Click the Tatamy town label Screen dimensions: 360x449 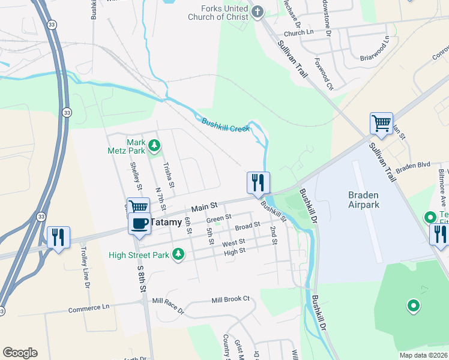(165, 221)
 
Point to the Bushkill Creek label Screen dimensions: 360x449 (225, 125)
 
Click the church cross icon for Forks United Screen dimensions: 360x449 (258, 11)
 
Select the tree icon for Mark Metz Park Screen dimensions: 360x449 (154, 145)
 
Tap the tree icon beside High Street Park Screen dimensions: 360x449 (178, 255)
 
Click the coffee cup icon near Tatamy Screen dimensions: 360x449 (139, 223)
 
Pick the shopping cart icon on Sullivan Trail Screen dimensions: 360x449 (381, 124)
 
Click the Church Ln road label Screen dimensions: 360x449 (299, 34)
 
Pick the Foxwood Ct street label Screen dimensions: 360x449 (324, 74)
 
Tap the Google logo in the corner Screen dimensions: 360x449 (20, 353)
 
